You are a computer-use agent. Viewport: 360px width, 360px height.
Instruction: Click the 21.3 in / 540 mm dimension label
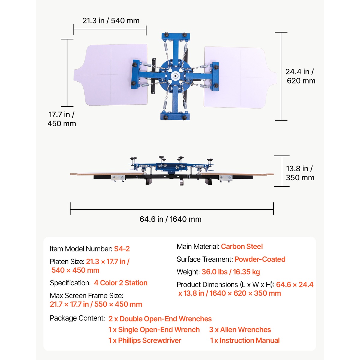111,21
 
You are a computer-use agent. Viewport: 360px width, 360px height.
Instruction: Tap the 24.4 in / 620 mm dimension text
300,76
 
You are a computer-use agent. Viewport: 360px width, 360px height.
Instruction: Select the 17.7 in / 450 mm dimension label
62,119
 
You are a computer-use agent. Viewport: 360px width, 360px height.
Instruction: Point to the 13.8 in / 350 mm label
300,173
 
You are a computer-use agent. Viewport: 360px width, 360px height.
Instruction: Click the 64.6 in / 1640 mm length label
170,219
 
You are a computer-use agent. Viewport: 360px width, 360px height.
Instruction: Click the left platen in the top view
111,75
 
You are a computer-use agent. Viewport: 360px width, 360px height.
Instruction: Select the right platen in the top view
240,77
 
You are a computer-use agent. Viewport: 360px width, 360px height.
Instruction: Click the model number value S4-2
122,249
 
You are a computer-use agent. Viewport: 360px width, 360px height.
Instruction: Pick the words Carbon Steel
242,246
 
